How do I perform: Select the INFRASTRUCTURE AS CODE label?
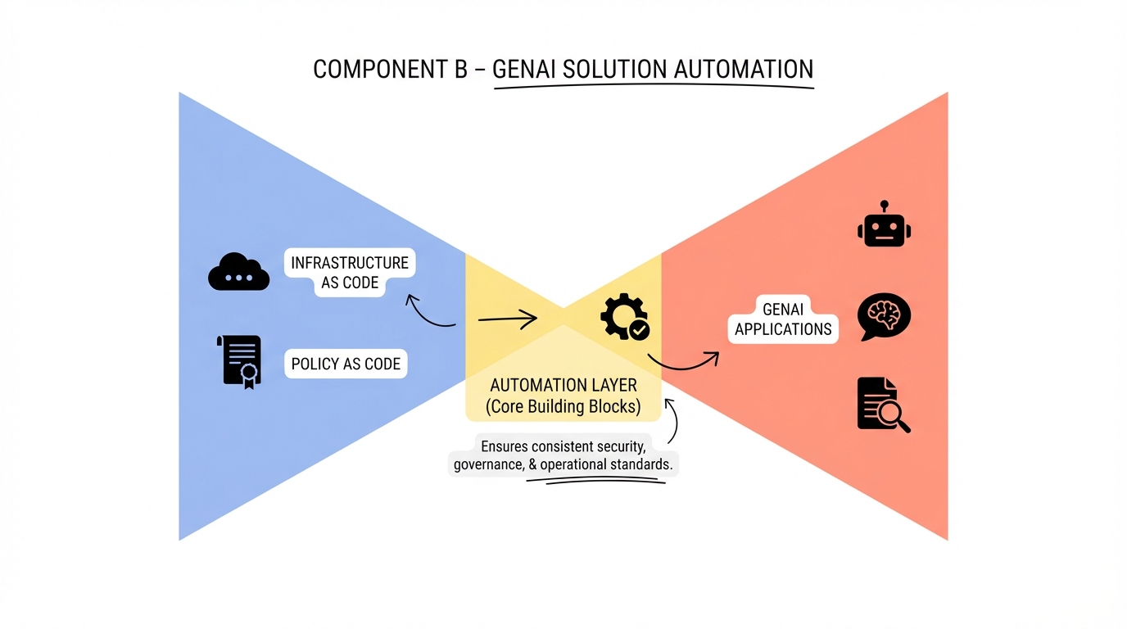point(350,273)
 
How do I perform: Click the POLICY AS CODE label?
point(346,364)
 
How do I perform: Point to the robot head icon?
point(884,224)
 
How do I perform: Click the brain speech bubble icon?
point(883,317)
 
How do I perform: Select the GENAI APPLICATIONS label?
point(783,319)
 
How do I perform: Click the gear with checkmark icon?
point(624,318)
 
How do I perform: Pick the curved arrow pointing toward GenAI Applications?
point(682,364)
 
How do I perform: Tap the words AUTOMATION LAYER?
point(563,385)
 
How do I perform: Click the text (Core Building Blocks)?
point(563,406)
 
